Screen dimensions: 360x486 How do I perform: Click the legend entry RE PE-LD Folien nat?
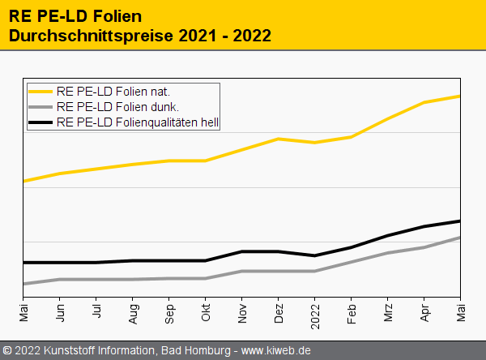113,91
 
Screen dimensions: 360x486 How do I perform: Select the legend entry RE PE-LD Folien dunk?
117,107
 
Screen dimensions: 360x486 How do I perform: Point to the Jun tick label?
60,313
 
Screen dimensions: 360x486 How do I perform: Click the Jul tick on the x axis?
96,311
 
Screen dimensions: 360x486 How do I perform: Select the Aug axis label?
133,313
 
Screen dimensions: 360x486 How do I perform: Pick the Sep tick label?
169,313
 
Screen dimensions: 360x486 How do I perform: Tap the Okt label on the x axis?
206,312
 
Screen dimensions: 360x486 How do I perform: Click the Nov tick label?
242,313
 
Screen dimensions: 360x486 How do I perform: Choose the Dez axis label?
279,313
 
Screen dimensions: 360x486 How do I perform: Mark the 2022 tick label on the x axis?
315,315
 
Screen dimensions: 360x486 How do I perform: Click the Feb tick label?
352,313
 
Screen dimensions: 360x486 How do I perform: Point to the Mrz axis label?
388,312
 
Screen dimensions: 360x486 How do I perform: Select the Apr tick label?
424,312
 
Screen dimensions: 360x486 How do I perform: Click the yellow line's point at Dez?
279,139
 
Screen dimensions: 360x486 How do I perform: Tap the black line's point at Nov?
242,251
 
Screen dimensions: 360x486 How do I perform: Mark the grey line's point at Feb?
352,262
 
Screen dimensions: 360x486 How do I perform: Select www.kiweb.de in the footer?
276,350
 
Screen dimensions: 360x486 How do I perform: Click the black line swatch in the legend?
41,123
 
